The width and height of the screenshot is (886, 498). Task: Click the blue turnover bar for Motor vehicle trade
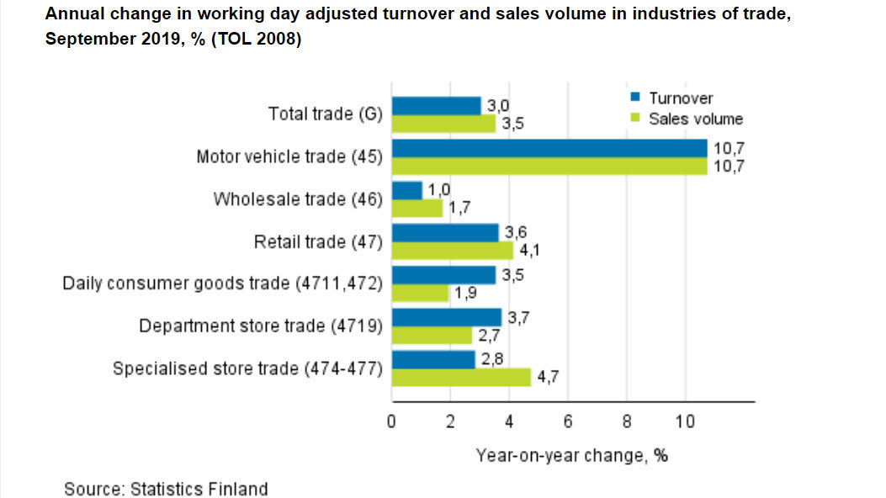pyautogui.click(x=549, y=148)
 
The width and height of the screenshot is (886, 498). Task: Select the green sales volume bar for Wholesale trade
pyautogui.click(x=417, y=208)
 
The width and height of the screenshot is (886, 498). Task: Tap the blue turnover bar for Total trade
pyautogui.click(x=436, y=106)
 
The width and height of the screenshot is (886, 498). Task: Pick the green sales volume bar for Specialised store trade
pyautogui.click(x=461, y=377)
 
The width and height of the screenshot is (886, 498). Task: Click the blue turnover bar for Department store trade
pyautogui.click(x=447, y=317)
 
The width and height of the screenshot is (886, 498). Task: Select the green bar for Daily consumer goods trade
pyautogui.click(x=420, y=293)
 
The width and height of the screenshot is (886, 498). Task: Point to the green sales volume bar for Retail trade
pyautogui.click(x=452, y=250)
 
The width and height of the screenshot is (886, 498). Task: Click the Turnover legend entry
pyautogui.click(x=680, y=98)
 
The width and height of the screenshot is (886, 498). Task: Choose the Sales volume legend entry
pyautogui.click(x=695, y=119)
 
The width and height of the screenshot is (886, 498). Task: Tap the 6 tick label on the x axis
pyautogui.click(x=568, y=421)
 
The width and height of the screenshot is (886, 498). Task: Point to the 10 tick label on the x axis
pyautogui.click(x=685, y=421)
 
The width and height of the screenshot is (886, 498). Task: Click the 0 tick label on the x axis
pyautogui.click(x=392, y=421)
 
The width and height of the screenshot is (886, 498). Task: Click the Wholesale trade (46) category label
pyautogui.click(x=298, y=199)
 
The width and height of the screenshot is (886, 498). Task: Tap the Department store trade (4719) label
pyautogui.click(x=261, y=326)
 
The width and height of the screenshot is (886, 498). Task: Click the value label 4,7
pyautogui.click(x=546, y=378)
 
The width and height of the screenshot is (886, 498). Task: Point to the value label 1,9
pyautogui.click(x=464, y=294)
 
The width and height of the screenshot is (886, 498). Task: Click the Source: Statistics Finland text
pyautogui.click(x=166, y=489)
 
